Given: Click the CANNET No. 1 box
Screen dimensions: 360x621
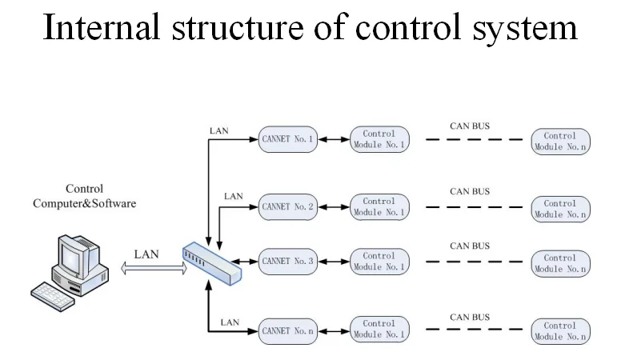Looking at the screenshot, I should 288,139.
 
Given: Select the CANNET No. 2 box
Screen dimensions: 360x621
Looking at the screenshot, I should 288,206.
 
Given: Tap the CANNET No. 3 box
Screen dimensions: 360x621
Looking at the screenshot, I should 288,261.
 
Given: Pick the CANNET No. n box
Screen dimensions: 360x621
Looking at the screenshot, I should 288,329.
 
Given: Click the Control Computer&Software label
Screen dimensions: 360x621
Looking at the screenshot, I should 84,197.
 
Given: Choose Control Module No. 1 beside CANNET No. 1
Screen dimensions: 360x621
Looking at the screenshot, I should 379,139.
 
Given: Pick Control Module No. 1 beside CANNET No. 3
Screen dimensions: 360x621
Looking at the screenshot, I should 379,261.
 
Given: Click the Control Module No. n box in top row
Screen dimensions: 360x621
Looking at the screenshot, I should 560,142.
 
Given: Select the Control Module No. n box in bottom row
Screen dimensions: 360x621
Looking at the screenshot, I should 560,331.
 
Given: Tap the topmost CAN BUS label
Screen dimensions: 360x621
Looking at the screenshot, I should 470,126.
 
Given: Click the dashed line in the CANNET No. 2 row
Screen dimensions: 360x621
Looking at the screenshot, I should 474,207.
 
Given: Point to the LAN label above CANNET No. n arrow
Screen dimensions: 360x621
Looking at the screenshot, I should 230,322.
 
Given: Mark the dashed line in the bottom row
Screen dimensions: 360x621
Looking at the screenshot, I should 474,330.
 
